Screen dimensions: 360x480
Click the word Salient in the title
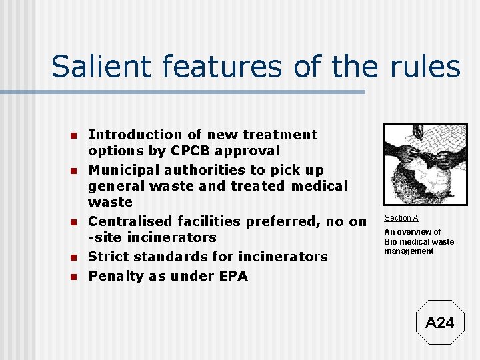coord(93,67)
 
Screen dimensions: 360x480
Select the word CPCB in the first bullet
coord(185,151)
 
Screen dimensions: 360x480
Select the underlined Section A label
coord(401,218)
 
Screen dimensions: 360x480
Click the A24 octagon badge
coord(439,323)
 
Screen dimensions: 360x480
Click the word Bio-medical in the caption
coord(404,241)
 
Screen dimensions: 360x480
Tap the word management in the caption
coord(408,251)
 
